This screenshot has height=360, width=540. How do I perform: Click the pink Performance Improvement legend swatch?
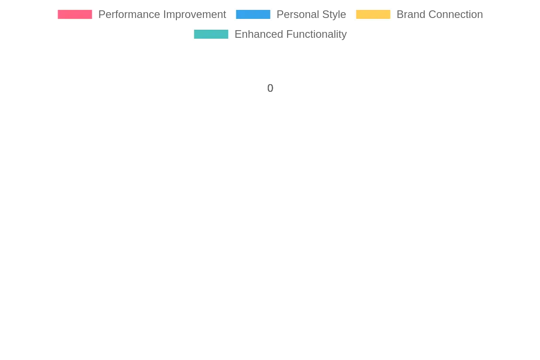click(75, 14)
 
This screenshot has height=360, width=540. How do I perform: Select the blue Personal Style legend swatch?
click(253, 14)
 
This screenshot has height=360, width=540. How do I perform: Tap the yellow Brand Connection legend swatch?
click(373, 14)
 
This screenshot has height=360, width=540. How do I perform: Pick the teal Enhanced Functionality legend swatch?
click(211, 34)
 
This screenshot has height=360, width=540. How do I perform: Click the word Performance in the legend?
click(129, 15)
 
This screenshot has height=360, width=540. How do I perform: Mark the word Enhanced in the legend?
click(259, 34)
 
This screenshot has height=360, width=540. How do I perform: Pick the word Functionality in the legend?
click(316, 35)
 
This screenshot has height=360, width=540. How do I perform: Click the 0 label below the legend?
click(270, 88)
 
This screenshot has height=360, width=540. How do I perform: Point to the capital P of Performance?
click(102, 14)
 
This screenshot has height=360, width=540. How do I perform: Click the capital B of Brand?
click(400, 14)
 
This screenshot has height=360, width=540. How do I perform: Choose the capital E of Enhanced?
click(238, 34)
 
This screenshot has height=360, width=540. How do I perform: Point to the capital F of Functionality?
click(289, 34)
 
